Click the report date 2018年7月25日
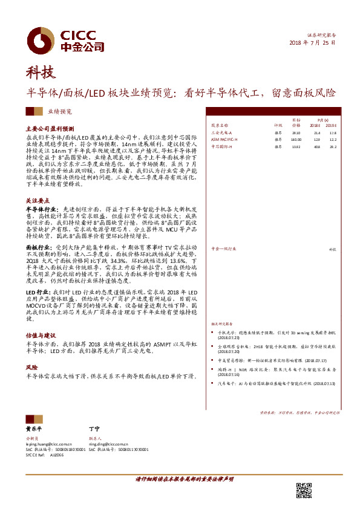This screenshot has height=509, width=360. tap(310, 44)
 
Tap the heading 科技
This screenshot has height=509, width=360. tap(41, 73)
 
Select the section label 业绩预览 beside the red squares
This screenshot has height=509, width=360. tap(59, 112)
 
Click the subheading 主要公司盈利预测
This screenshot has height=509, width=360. tap(50, 129)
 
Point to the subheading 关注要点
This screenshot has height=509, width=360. tap(38, 199)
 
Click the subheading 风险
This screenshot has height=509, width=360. tap(31, 367)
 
